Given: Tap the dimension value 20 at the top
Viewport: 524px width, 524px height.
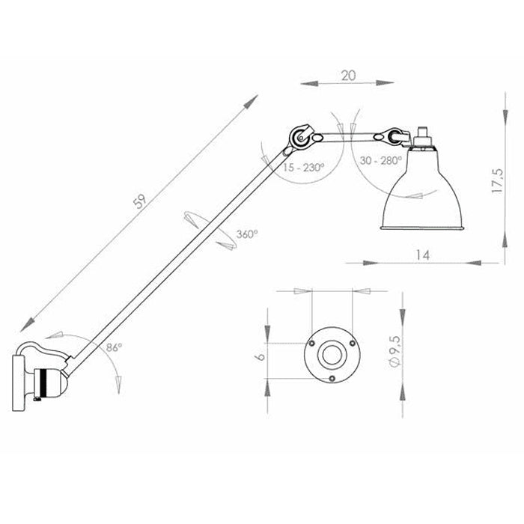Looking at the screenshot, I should pyautogui.click(x=347, y=75).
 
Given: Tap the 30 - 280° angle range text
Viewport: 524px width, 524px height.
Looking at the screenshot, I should pyautogui.click(x=379, y=160).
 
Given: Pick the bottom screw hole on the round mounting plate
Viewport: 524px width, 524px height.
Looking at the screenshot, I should pyautogui.click(x=332, y=377).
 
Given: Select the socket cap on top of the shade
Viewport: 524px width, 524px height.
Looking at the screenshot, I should pyautogui.click(x=424, y=138).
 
